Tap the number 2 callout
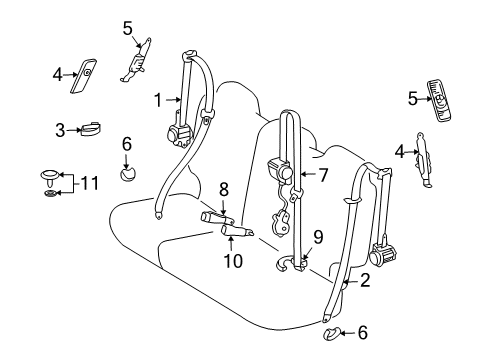click(x=366, y=283)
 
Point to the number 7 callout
click(x=324, y=174)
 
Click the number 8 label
click(x=224, y=187)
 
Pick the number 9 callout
click(x=317, y=236)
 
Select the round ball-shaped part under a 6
click(x=127, y=176)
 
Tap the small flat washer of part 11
click(x=50, y=192)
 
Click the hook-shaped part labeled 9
click(x=288, y=264)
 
